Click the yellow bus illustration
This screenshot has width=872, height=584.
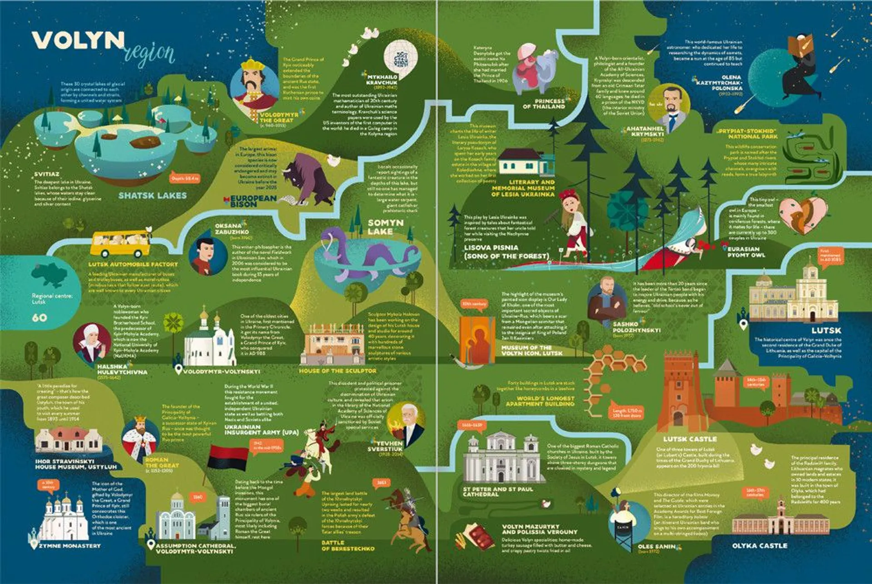click(121, 244)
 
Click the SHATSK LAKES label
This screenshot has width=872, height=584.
click(153, 196)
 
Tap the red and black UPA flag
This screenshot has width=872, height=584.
click(228, 457)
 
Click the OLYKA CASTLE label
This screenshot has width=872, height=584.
click(759, 545)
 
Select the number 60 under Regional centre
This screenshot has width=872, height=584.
click(40, 317)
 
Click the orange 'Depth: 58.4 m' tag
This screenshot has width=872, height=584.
click(184, 178)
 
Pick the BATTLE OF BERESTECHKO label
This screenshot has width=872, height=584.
click(348, 545)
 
